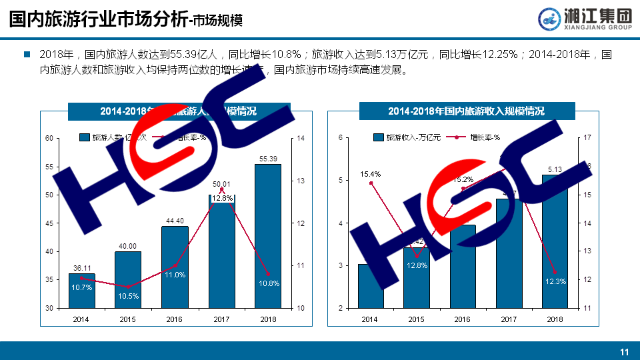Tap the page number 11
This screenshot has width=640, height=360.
625,352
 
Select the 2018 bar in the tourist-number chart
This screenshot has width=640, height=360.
267,236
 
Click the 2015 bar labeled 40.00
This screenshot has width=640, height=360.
128,280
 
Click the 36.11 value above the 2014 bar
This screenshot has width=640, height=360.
82,268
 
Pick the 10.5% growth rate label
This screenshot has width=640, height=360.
128,296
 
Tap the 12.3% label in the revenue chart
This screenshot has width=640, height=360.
555,281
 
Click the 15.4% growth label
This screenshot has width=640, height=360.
370,175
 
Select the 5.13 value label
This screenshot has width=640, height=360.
555,169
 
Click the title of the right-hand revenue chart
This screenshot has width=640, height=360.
467,111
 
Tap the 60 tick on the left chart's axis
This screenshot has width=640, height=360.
49,139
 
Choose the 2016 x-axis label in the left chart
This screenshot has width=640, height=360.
175,319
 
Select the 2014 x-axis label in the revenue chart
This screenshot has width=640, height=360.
370,319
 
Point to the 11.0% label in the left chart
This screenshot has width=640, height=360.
175,275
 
